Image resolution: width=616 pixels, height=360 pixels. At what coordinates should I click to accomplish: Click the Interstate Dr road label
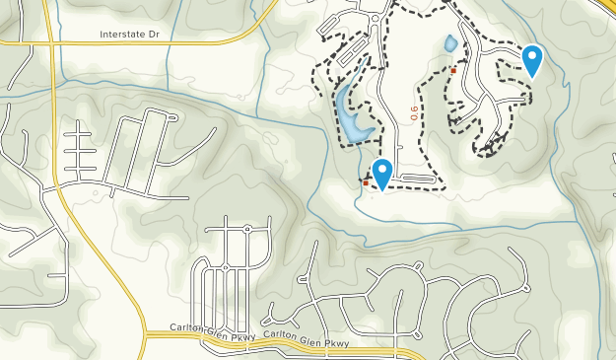click(128, 35)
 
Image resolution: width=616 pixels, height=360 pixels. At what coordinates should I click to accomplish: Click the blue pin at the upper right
click(532, 60)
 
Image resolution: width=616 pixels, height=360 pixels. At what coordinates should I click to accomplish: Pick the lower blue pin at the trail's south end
click(379, 173)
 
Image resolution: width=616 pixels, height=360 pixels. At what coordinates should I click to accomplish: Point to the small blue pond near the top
click(450, 44)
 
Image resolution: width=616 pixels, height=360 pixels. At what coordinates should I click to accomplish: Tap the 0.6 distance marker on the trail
click(414, 114)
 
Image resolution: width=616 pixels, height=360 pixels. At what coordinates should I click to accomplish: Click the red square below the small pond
click(453, 70)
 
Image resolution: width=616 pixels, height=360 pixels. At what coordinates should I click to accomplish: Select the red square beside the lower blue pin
click(366, 182)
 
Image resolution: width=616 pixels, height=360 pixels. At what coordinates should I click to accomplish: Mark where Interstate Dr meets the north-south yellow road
click(51, 42)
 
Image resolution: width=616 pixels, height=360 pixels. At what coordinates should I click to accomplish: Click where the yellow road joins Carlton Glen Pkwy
click(145, 336)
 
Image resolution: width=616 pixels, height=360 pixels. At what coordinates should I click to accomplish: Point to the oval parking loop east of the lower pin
click(418, 179)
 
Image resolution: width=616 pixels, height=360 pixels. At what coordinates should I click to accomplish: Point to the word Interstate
click(121, 35)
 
